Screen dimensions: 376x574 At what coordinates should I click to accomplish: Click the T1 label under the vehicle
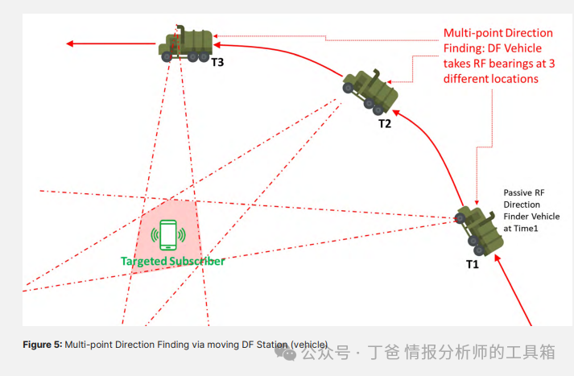click(x=472, y=263)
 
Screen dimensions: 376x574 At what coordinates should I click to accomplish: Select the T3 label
click(x=217, y=61)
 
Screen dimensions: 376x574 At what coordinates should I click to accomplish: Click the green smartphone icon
click(x=168, y=235)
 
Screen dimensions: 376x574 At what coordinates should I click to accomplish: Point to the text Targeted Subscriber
click(x=172, y=261)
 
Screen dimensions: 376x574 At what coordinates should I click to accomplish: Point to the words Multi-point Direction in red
click(x=498, y=33)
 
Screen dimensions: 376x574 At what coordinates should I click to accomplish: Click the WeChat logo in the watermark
click(x=286, y=351)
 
